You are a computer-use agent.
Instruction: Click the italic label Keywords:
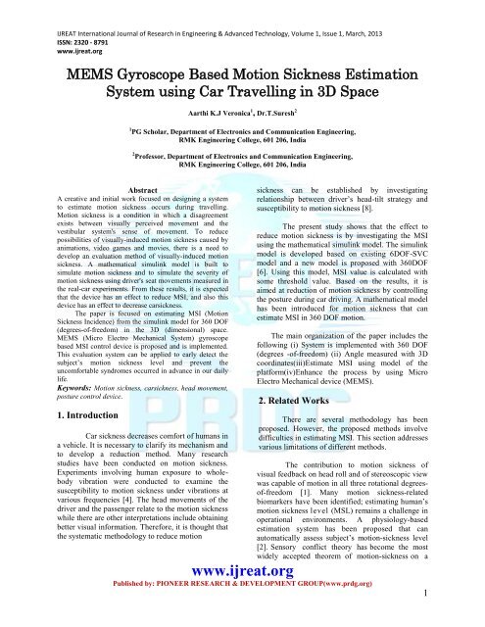tap(52, 386)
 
